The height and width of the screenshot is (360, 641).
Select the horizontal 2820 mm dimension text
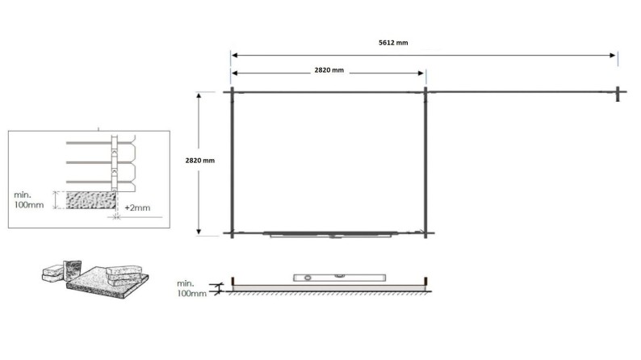(329, 70)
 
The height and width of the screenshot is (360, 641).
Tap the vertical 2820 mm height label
(200, 160)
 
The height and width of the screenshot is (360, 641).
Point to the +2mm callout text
(140, 208)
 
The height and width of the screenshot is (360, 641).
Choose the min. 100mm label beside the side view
(191, 288)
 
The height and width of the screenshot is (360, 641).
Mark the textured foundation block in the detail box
(89, 199)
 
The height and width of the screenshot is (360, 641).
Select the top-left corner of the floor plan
(233, 92)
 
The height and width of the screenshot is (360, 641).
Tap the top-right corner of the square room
(425, 92)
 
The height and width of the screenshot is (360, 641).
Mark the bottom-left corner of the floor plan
(233, 234)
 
